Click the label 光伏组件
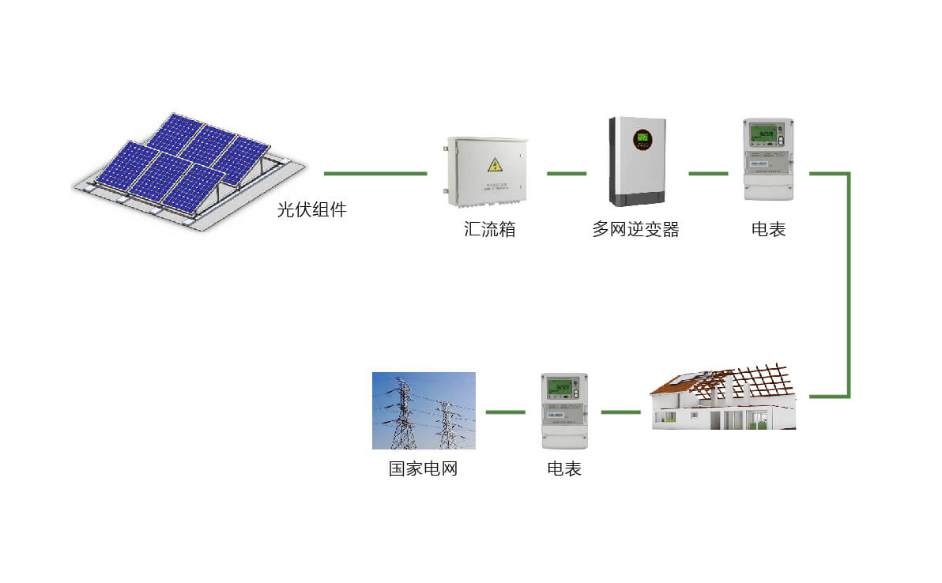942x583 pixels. [311, 210]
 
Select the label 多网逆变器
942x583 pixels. [635, 230]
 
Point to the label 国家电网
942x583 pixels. [423, 468]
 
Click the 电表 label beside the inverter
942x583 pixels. [768, 230]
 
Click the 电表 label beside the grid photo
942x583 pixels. [564, 468]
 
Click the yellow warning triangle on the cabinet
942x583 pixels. [495, 164]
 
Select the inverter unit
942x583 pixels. [637, 161]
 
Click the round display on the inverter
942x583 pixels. [642, 140]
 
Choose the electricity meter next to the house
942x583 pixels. [564, 411]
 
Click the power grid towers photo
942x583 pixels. [424, 411]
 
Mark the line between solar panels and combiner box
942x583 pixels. [375, 173]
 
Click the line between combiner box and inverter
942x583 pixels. [566, 173]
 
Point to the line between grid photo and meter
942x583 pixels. [505, 412]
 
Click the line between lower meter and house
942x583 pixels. [620, 412]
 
